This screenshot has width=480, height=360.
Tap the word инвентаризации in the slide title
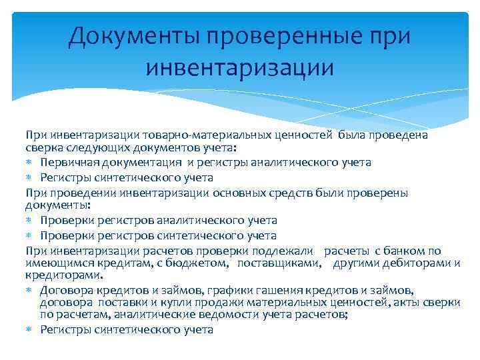point(239,67)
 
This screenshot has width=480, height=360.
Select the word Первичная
point(65,162)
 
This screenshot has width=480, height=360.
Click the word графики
point(224,290)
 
